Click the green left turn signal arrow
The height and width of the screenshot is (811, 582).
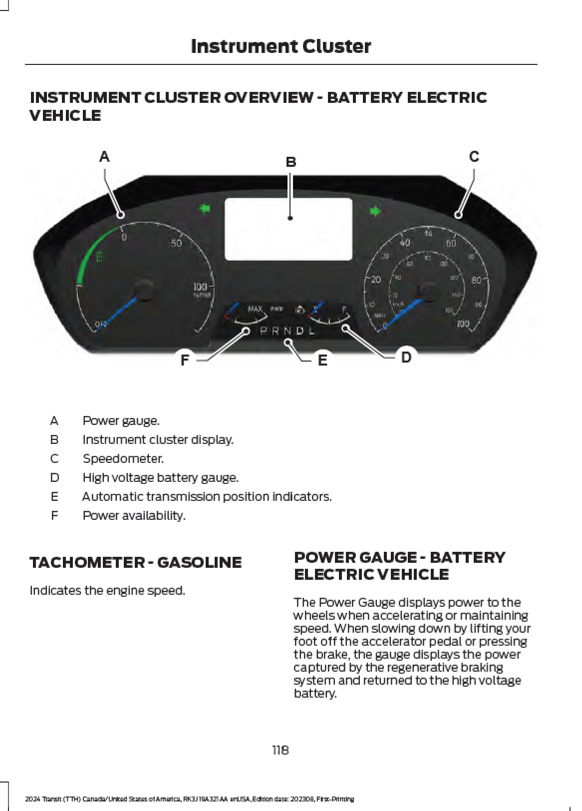205,209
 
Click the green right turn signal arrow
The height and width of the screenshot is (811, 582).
375,211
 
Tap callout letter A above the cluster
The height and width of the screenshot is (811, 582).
104,157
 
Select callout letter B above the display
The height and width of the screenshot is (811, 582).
291,162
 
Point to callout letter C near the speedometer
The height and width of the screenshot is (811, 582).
474,157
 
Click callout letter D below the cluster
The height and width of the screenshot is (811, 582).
406,357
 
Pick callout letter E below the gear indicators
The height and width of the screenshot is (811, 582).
322,360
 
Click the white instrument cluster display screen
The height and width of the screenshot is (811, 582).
289,229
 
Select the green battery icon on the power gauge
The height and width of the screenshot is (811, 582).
99,257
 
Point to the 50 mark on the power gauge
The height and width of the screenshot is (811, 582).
177,244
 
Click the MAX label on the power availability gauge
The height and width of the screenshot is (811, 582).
255,309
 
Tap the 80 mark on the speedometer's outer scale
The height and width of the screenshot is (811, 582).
476,280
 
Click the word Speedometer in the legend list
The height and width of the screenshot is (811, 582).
123,458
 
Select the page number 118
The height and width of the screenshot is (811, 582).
281,750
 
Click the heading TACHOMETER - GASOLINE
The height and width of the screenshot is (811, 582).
135,562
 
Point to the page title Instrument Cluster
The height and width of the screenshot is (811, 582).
281,46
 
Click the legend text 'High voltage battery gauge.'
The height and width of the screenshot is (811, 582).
160,477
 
